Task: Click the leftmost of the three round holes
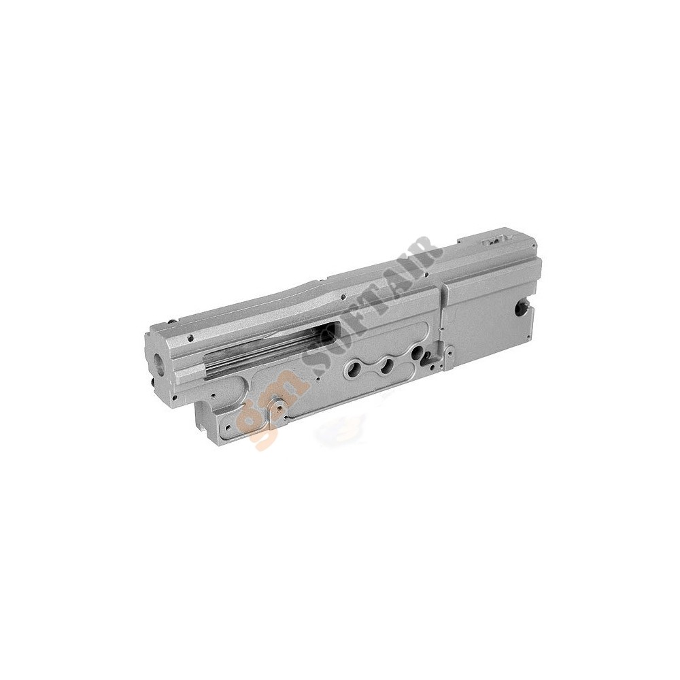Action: (350, 369)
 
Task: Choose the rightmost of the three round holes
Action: (418, 352)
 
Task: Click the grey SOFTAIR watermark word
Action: (371, 307)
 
